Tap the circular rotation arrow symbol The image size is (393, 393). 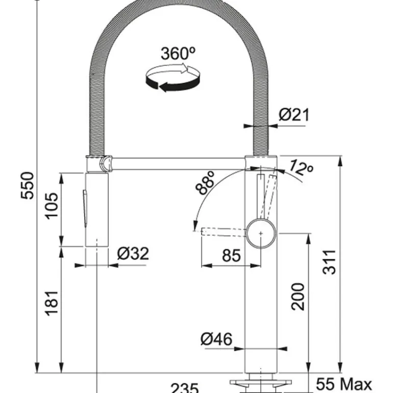click(x=171, y=80)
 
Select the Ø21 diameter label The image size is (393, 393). click(x=294, y=115)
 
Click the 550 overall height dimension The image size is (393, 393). click(x=28, y=185)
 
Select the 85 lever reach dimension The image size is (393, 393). click(x=231, y=255)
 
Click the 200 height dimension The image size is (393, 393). click(x=298, y=297)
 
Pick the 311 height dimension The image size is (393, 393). click(x=330, y=262)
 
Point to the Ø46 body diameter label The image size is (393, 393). click(x=216, y=338)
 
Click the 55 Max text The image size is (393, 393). click(x=344, y=384)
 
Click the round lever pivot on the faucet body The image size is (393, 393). click(x=261, y=233)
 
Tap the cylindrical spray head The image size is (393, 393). click(x=96, y=209)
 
